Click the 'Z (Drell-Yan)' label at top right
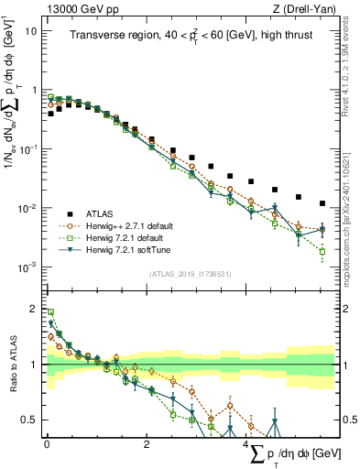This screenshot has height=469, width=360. click(x=306, y=8)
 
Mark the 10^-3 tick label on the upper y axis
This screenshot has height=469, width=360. click(x=28, y=267)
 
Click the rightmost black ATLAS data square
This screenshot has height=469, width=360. click(x=322, y=203)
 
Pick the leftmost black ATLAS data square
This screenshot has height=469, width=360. click(x=50, y=115)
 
